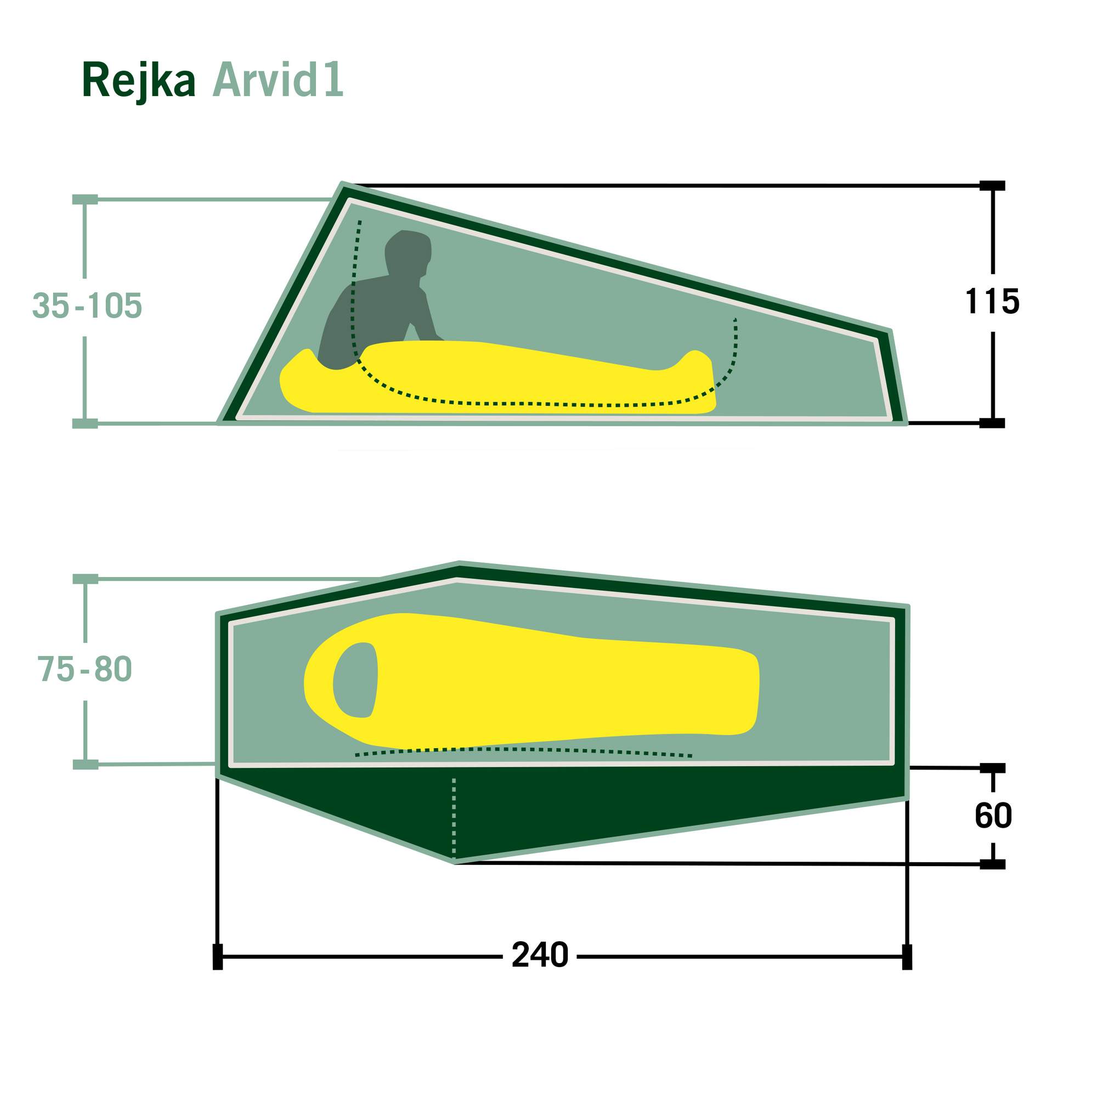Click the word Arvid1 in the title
(x=278, y=80)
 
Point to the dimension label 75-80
(x=85, y=668)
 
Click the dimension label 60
(x=993, y=816)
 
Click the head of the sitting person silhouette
(x=408, y=253)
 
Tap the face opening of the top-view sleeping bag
(x=355, y=680)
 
